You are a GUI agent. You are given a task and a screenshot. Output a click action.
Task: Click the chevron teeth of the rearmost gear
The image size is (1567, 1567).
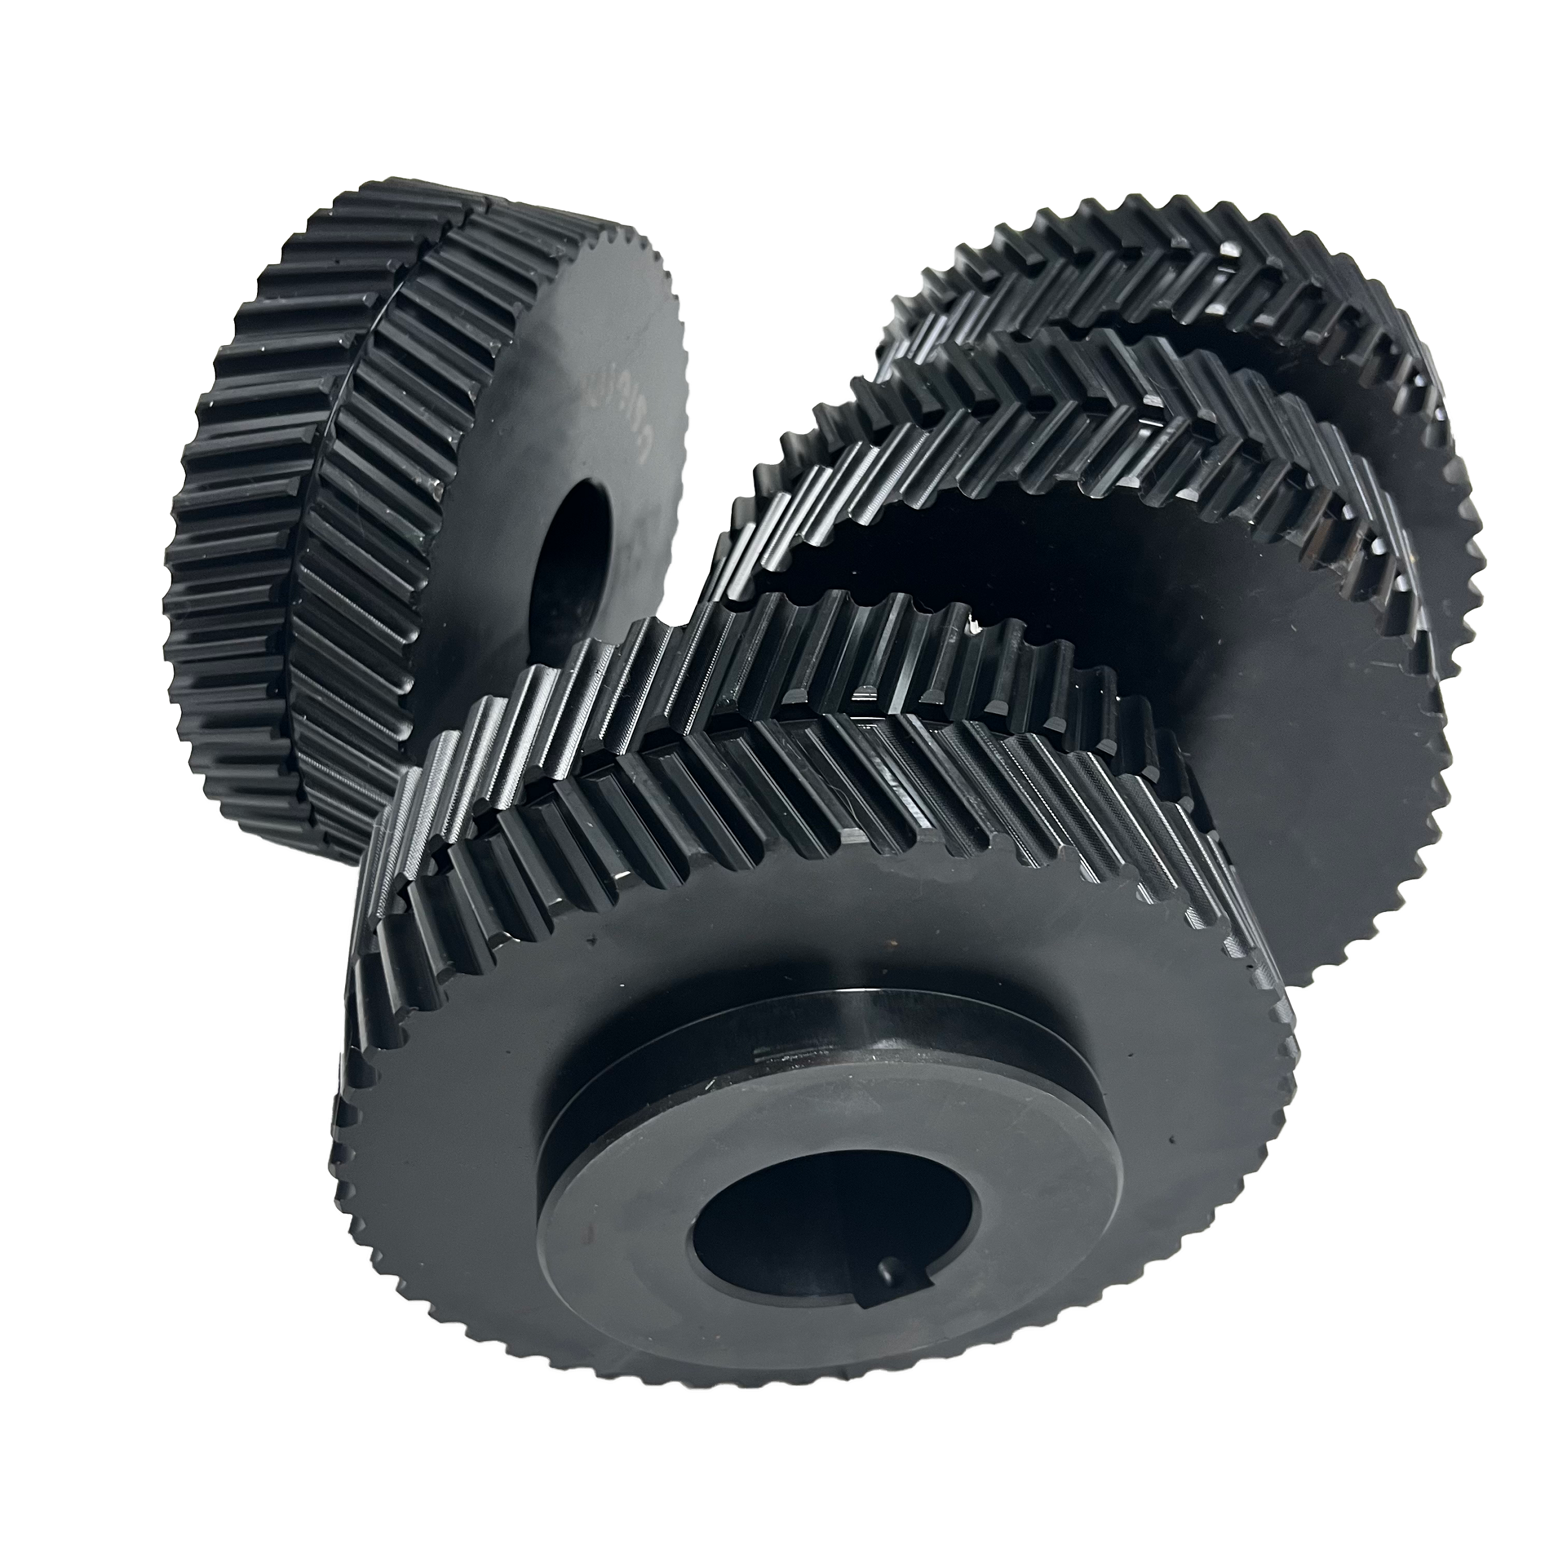(x=1176, y=276)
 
